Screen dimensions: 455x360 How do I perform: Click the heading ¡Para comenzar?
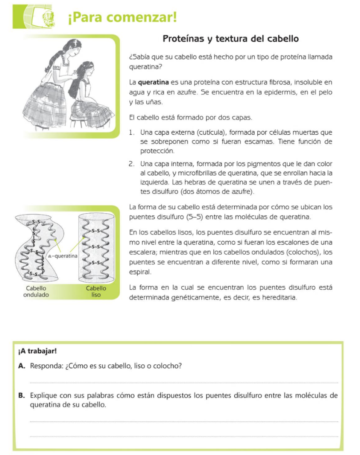tap(122, 17)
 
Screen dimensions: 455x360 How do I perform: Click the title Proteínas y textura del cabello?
tap(230, 39)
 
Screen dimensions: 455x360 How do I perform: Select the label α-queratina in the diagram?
tap(62, 256)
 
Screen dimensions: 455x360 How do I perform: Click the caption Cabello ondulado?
tap(36, 291)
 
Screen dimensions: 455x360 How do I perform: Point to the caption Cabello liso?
tap(96, 291)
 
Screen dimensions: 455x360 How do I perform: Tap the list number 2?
tap(131, 164)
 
